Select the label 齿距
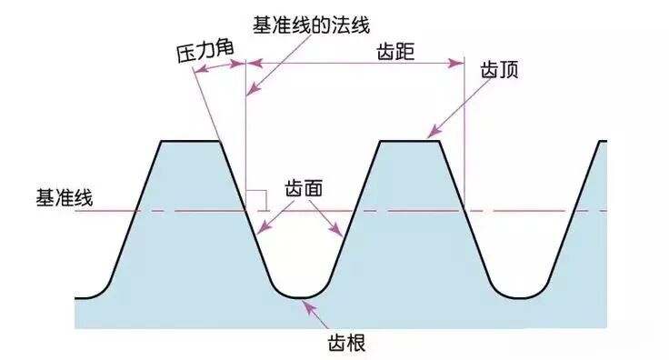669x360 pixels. click(395, 52)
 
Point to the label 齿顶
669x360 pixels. click(499, 71)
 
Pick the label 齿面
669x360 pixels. click(304, 188)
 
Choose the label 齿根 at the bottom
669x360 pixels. click(344, 344)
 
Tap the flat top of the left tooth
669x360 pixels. click(191, 141)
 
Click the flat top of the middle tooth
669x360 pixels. click(409, 141)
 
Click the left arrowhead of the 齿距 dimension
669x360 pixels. click(252, 63)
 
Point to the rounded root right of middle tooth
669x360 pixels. click(515, 295)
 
